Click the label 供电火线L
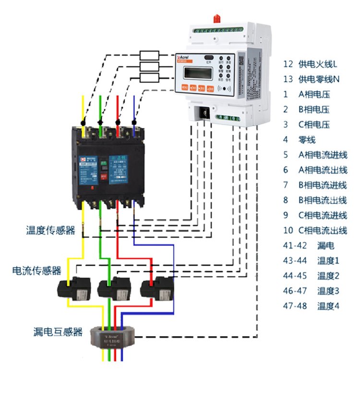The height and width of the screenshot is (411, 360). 317,64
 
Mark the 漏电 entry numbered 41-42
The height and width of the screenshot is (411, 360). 326,246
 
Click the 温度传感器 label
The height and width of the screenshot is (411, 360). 50,231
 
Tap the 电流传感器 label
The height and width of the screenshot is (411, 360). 36,271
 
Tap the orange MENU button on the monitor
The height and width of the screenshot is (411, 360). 185,88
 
